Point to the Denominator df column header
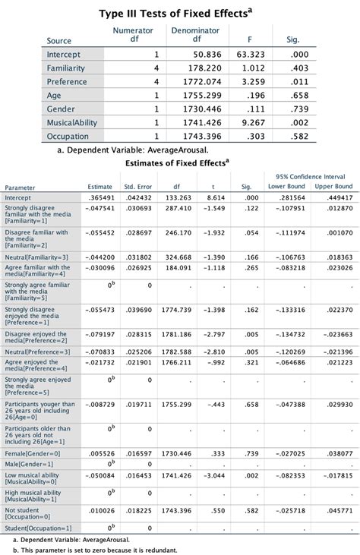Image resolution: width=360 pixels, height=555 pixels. click(x=196, y=35)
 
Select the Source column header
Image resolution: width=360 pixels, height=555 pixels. click(x=59, y=41)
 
